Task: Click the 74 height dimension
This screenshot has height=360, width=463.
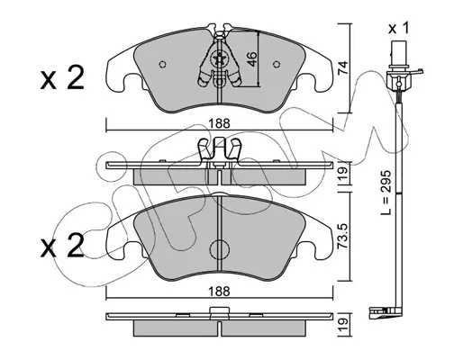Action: coord(342,67)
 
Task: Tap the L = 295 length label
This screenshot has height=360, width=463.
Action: coord(386,193)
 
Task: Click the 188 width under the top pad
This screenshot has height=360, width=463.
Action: coord(220,123)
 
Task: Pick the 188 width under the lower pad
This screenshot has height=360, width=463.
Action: coord(220,291)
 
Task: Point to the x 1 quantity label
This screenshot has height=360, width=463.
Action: coord(398,29)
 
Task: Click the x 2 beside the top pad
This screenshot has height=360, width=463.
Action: coord(62,78)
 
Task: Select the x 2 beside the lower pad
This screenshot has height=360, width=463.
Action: coord(62,246)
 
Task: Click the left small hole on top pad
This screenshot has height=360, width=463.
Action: coord(163,64)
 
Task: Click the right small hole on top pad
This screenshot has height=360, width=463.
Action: coord(277,64)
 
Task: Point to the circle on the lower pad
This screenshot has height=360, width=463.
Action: coord(219,250)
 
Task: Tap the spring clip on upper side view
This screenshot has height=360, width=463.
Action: coord(219,151)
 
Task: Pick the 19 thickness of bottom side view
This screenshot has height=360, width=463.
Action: coord(343,324)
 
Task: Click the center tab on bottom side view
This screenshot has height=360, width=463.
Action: coord(219,310)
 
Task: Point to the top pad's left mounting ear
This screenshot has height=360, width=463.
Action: coord(120,74)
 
